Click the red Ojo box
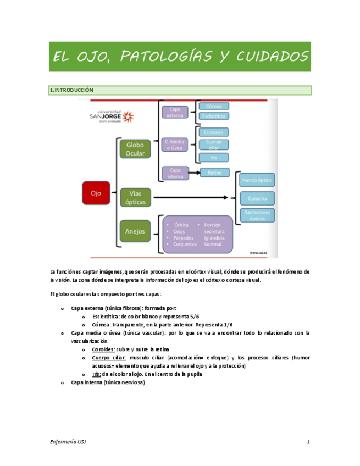pos(96,193)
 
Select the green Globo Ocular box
pos(135,149)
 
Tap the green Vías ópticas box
pos(135,198)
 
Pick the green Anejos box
pos(135,231)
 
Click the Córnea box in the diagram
pos(213,106)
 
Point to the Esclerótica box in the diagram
pos(213,116)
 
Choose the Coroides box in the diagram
pos(213,132)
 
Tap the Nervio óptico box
pos(257,180)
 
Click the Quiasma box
pos(257,198)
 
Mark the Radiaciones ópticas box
pos(257,215)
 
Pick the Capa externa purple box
pos(175,112)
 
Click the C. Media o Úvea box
pos(175,145)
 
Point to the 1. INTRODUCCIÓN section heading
pos(71,90)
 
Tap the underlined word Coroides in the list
pos(103,349)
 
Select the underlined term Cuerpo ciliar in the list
pos(109,358)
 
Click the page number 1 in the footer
pos(309,442)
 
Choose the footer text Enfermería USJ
pos(68,442)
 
